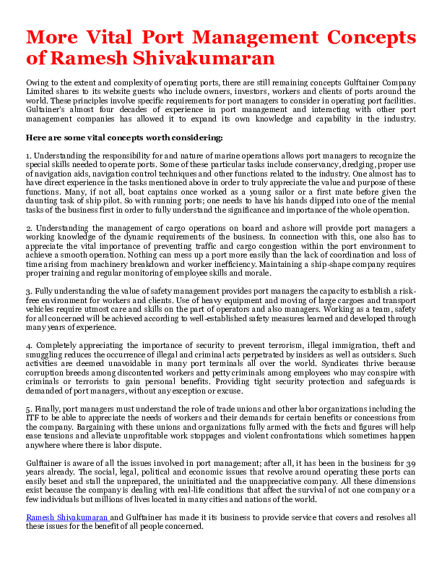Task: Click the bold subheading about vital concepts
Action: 123,137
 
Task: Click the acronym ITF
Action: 35,419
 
